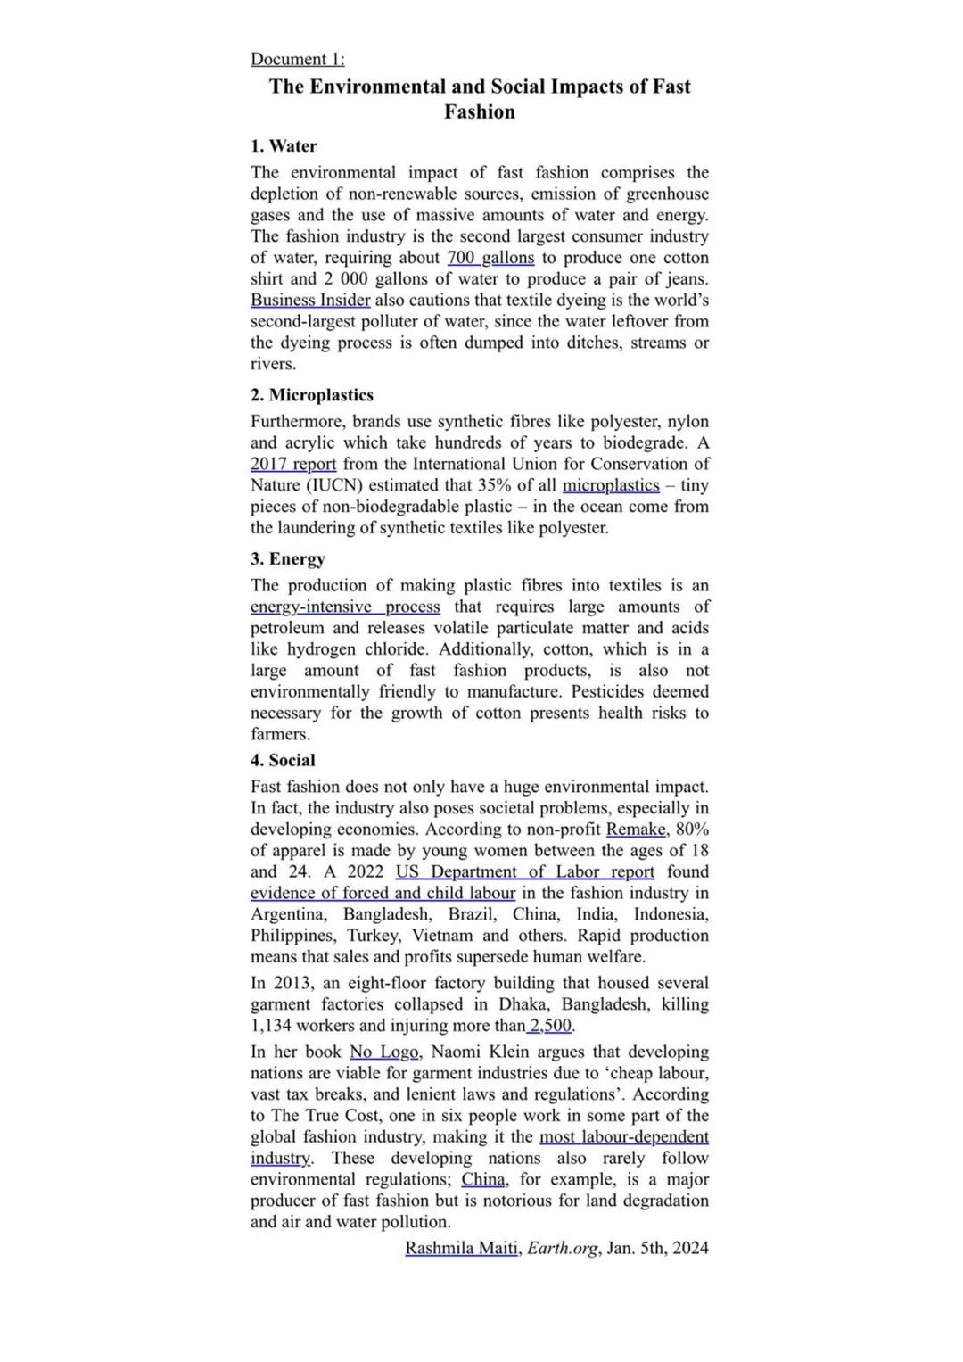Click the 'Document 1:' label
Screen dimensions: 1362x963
297,59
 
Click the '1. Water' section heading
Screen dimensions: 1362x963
284,146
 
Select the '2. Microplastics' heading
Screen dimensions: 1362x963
312,395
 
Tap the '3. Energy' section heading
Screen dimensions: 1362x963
288,559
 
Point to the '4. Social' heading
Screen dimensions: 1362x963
283,761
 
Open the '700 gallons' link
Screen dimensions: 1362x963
490,258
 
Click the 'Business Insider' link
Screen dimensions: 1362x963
310,301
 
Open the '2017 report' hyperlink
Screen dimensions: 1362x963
293,464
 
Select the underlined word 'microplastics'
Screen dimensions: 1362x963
611,485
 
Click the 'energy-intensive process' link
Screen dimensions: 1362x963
345,607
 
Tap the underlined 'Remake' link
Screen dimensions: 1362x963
636,830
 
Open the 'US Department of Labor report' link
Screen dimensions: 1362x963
525,872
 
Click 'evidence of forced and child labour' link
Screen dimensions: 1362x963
383,894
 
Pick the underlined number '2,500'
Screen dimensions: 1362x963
552,1026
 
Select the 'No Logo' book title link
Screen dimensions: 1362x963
383,1052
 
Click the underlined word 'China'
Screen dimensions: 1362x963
483,1180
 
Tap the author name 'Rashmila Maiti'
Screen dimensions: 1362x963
461,1249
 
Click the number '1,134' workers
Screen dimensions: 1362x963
271,1026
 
